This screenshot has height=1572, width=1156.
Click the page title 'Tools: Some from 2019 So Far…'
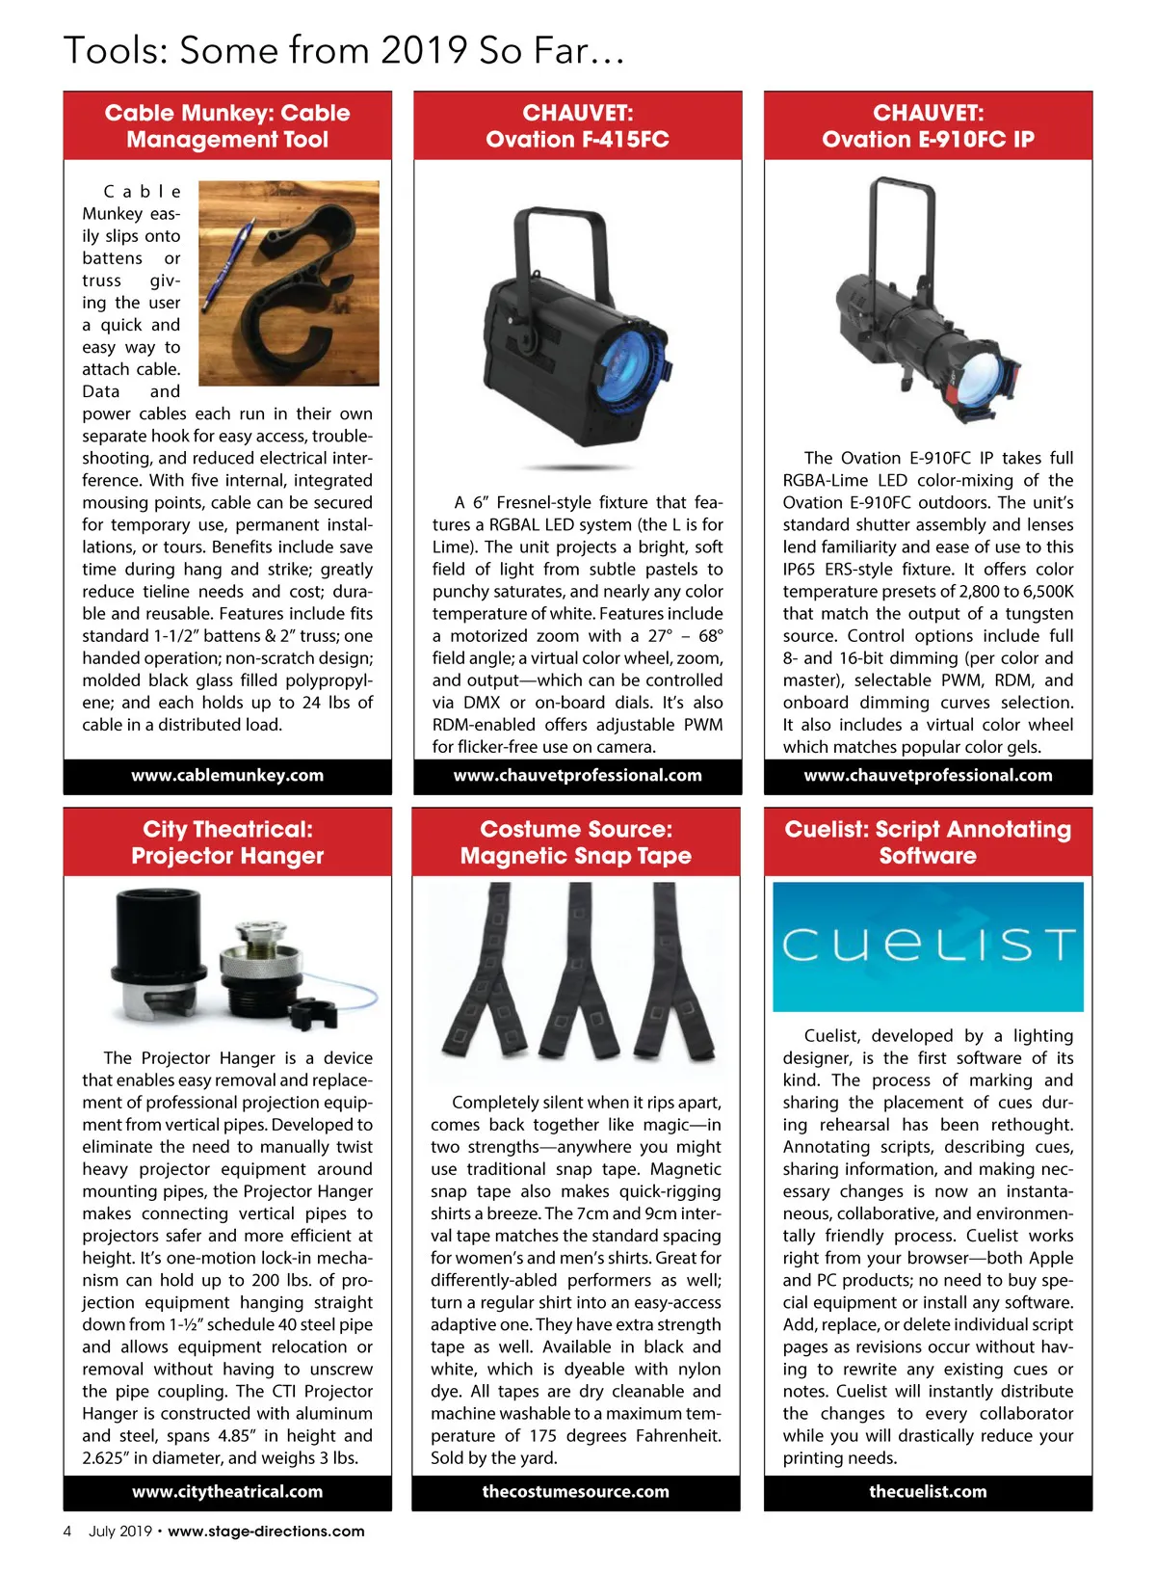(344, 50)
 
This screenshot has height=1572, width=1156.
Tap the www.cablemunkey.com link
(227, 776)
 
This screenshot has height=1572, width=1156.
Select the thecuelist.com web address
(928, 1492)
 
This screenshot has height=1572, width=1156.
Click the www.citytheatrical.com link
(227, 1492)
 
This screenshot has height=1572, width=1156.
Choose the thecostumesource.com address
(575, 1492)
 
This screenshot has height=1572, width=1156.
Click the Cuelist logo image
(928, 946)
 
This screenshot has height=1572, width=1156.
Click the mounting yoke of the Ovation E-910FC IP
(902, 222)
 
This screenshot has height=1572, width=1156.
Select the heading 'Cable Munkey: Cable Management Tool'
(227, 126)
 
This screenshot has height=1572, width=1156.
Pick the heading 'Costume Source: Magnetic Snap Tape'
(575, 842)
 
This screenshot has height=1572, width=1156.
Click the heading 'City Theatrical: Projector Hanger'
(227, 842)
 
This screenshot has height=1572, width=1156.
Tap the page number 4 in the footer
(67, 1532)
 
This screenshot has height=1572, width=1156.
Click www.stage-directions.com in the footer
(266, 1532)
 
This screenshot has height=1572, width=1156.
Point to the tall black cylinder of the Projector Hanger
(159, 949)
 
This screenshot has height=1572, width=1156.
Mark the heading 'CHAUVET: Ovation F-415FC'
(577, 126)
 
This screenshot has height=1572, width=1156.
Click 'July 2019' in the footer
(120, 1532)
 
